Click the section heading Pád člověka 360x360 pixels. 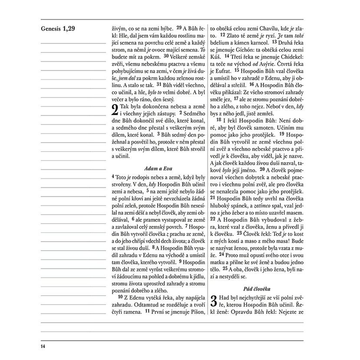tap(256, 288)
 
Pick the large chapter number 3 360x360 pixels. tap(214, 302)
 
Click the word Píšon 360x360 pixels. tap(196, 311)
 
